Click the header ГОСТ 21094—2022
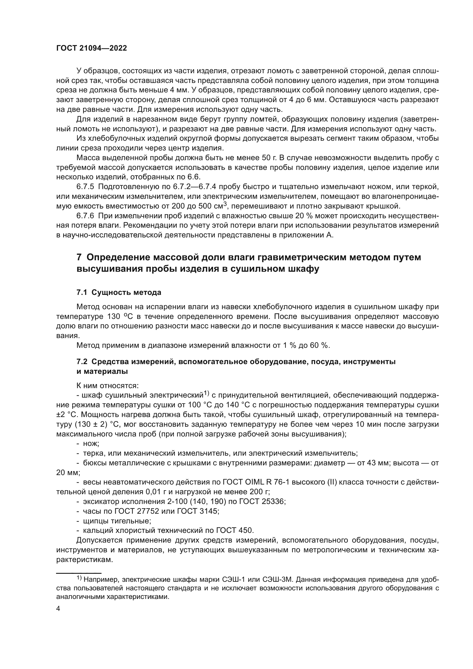click(92, 48)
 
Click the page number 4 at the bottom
click(58, 609)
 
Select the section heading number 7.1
click(82, 292)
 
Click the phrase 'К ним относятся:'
click(108, 386)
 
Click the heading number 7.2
click(82, 362)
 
